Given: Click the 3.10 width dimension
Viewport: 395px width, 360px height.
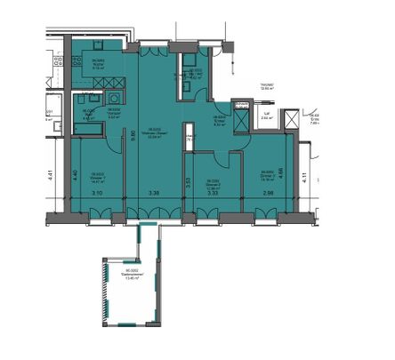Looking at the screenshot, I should point(96,192).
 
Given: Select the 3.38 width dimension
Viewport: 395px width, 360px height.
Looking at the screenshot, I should point(154,192).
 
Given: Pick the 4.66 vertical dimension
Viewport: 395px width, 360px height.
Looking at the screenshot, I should point(281,175).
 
